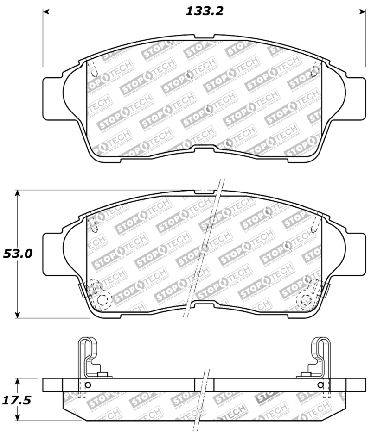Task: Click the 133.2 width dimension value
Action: click(205, 11)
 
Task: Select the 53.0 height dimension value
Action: click(18, 254)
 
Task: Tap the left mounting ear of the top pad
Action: click(52, 97)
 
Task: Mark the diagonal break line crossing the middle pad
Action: click(202, 250)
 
